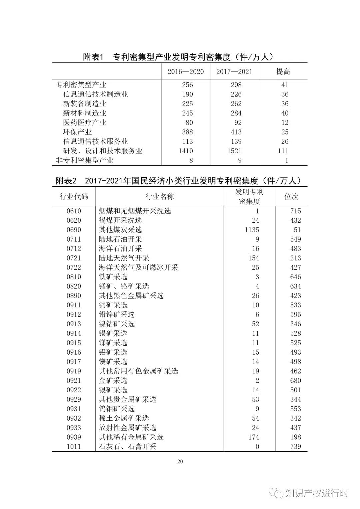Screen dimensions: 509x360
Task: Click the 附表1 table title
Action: pyautogui.click(x=179, y=57)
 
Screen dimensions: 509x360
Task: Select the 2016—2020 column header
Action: pyautogui.click(x=186, y=71)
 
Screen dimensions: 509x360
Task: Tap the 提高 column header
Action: pyautogui.click(x=283, y=71)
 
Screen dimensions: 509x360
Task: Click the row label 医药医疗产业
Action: pyautogui.click(x=85, y=123)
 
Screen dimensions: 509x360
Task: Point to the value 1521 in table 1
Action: pyautogui.click(x=234, y=151)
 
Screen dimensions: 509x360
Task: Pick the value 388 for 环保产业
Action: pyautogui.click(x=187, y=132)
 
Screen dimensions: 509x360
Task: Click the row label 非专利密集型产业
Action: pyautogui.click(x=85, y=160)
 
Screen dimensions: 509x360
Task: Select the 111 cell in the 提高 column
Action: pyautogui.click(x=283, y=151)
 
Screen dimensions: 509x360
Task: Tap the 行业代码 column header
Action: pyautogui.click(x=74, y=197)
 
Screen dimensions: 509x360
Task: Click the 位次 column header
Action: pyautogui.click(x=291, y=197)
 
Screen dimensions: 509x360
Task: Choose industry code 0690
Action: pyautogui.click(x=74, y=230)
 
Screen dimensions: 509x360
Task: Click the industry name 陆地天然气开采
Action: pyautogui.click(x=124, y=258)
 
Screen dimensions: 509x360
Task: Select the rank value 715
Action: pyautogui.click(x=295, y=211)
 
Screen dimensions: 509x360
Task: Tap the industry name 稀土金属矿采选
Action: pyautogui.click(x=124, y=418)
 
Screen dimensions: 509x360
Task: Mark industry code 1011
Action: pyautogui.click(x=74, y=447)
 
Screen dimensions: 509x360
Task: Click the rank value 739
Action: pyautogui.click(x=295, y=447)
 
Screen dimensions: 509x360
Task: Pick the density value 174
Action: pyautogui.click(x=254, y=437)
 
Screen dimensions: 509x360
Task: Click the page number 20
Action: pyautogui.click(x=180, y=462)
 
